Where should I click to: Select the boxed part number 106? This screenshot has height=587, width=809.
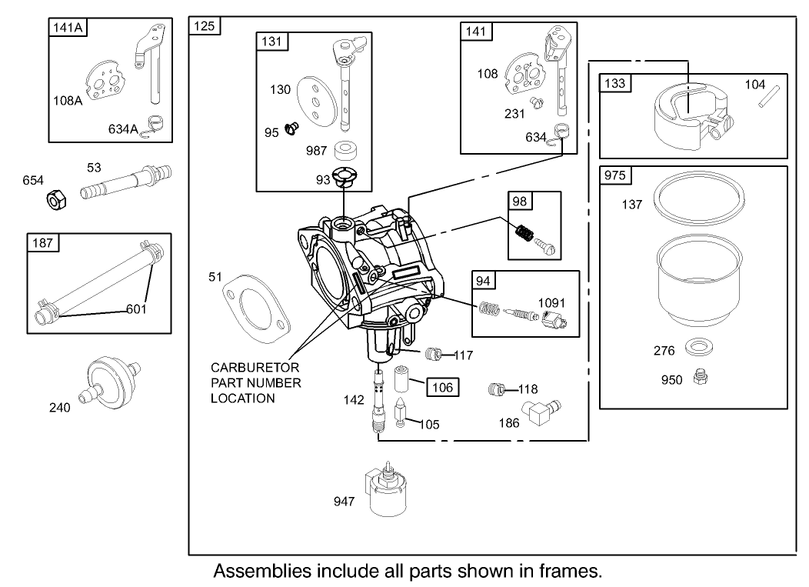pyautogui.click(x=443, y=387)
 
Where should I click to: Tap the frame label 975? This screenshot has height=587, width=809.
pyautogui.click(x=615, y=175)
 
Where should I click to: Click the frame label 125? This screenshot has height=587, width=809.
pyautogui.click(x=205, y=26)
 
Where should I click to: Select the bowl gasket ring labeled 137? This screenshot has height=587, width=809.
pyautogui.click(x=701, y=199)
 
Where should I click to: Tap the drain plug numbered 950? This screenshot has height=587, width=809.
pyautogui.click(x=701, y=376)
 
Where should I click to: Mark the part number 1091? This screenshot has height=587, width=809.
pyautogui.click(x=551, y=303)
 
